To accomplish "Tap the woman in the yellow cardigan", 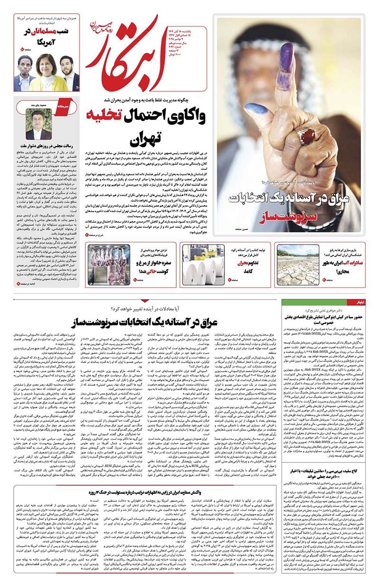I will click(46, 75).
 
